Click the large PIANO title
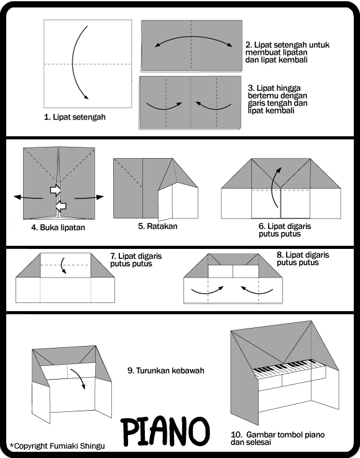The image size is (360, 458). (165, 432)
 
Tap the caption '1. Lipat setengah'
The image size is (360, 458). (75, 117)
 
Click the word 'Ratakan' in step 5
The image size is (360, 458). (162, 226)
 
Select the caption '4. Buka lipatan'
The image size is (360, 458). (58, 228)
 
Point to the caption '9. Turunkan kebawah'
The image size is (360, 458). (166, 371)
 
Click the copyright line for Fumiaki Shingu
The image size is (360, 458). (57, 446)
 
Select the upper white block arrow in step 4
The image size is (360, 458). (55, 190)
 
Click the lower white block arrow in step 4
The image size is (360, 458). (61, 206)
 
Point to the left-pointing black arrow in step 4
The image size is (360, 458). (28, 198)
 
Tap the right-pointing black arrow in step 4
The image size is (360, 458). (89, 198)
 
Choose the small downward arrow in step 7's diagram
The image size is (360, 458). (63, 265)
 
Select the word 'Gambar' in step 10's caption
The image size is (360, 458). (257, 435)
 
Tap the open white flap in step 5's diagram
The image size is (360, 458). (165, 204)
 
